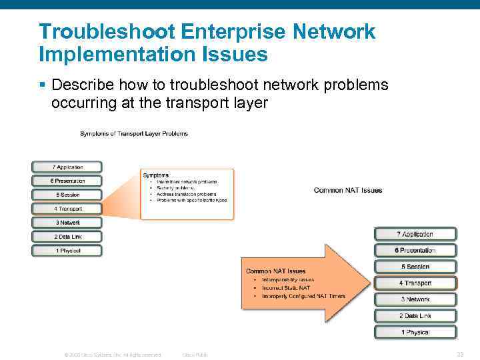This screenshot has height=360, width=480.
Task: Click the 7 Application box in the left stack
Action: click(67, 167)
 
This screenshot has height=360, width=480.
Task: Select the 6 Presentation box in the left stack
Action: click(67, 181)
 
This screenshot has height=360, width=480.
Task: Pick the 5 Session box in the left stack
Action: click(67, 195)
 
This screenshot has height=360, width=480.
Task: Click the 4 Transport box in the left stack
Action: click(67, 209)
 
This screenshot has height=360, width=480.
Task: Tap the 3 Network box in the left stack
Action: click(67, 223)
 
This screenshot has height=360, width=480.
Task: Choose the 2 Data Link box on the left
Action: click(67, 237)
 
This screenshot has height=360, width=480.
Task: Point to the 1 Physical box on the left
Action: click(67, 251)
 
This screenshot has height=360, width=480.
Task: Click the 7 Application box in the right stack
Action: click(416, 234)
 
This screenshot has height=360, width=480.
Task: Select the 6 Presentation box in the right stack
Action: click(416, 251)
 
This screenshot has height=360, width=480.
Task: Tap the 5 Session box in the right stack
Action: click(416, 267)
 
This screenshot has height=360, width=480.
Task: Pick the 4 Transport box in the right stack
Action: click(416, 283)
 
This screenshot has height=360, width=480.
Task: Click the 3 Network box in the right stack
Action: click(416, 299)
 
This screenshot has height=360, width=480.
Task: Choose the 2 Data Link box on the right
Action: click(416, 316)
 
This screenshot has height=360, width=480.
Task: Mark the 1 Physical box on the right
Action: click(416, 332)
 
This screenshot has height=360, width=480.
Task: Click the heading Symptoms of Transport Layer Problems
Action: click(134, 133)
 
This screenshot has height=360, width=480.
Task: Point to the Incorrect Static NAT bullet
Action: click(286, 288)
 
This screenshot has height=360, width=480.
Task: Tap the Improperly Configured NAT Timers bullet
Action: click(303, 296)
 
